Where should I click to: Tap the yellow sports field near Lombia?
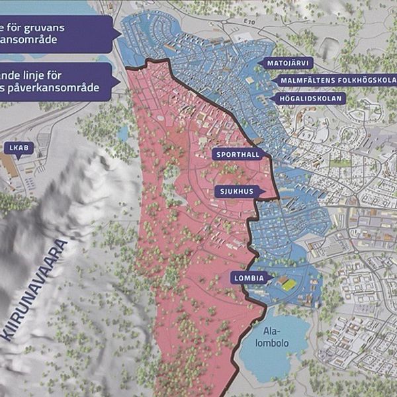pos(288,283)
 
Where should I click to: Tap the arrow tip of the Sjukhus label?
pos(265,192)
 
